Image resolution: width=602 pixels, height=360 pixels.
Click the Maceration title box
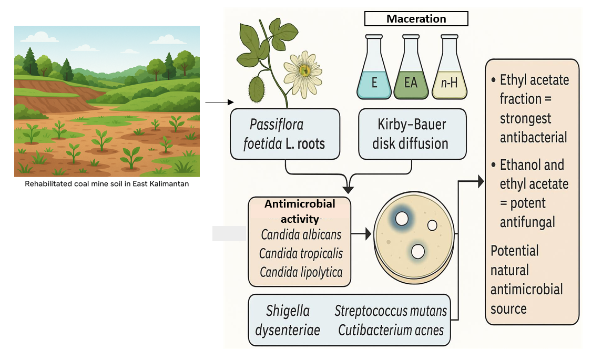coord(416,19)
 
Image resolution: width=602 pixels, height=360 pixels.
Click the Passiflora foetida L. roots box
coord(284,133)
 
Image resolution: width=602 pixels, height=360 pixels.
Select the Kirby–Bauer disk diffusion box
coord(412,133)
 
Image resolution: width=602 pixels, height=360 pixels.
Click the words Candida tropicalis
coord(301,253)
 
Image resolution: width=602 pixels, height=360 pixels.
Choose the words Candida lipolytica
coord(301,272)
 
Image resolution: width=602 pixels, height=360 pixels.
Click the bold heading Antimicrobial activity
coord(300,210)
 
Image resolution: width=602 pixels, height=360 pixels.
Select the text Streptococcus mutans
coord(391,311)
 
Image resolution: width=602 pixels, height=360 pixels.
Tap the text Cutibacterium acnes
coord(391,330)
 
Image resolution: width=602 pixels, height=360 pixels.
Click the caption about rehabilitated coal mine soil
coord(107,184)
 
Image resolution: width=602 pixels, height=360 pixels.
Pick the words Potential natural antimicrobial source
coord(526,280)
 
